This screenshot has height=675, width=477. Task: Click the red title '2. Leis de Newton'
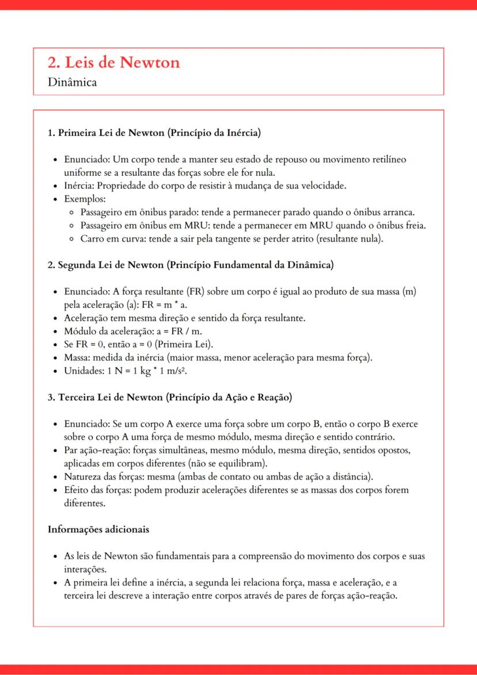click(x=114, y=62)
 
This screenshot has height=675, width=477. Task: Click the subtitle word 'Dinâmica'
click(x=73, y=82)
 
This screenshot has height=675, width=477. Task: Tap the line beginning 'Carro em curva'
click(x=230, y=238)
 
